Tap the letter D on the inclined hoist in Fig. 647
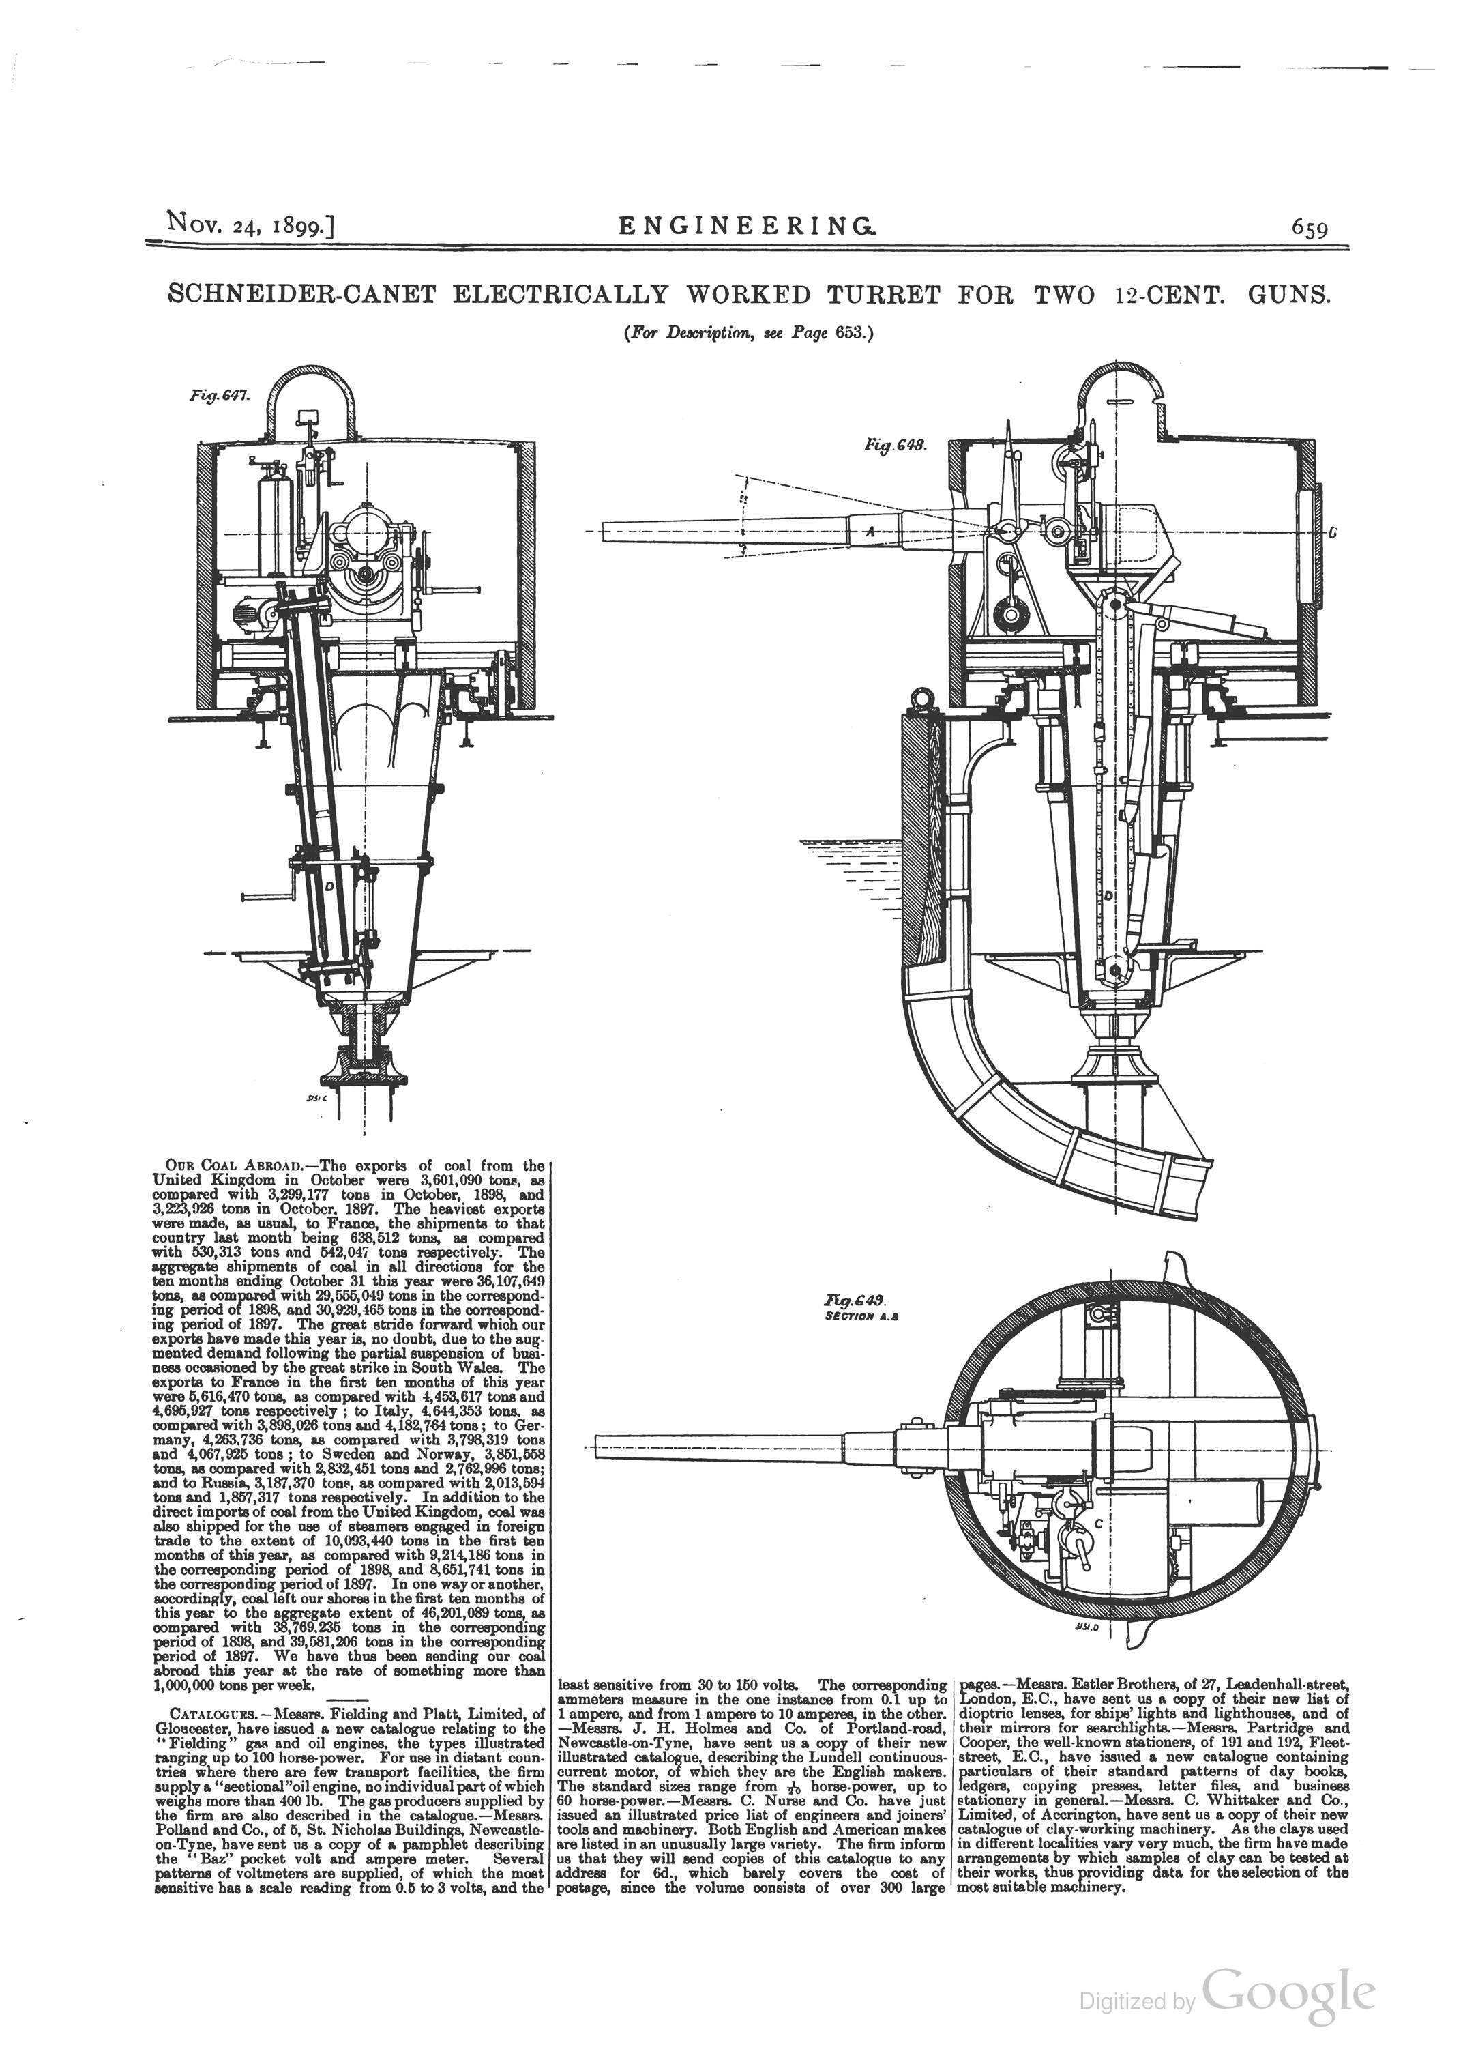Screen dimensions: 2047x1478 (329, 887)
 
